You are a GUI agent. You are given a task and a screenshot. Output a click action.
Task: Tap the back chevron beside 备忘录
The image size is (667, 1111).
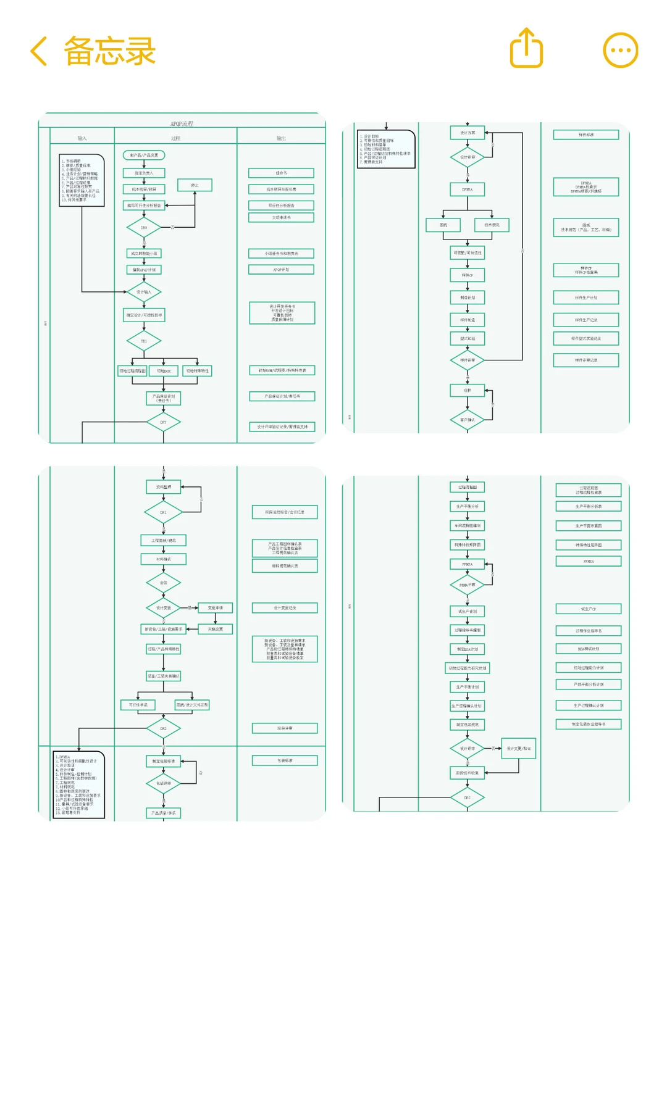pyautogui.click(x=39, y=51)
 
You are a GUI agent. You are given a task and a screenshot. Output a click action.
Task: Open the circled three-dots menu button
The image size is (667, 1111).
pyautogui.click(x=620, y=50)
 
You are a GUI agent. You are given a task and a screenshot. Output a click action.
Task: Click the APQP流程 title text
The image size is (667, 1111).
pyautogui.click(x=182, y=124)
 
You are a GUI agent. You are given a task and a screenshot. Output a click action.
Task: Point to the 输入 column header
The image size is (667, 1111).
pyautogui.click(x=82, y=138)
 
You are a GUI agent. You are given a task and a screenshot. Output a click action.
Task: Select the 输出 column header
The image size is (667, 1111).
pyautogui.click(x=281, y=138)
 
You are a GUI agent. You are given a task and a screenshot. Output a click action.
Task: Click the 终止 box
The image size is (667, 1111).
pyautogui.click(x=195, y=185)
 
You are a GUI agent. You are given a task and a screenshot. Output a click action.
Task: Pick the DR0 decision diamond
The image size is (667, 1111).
pyautogui.click(x=144, y=228)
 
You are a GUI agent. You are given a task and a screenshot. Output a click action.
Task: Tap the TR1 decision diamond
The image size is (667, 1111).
pyautogui.click(x=144, y=341)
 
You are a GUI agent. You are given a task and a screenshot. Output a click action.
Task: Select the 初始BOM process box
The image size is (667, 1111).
pyautogui.click(x=164, y=371)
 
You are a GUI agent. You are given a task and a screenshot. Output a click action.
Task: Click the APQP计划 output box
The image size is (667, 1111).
pyautogui.click(x=281, y=270)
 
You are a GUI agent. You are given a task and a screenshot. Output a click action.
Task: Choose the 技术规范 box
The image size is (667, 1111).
pyautogui.click(x=492, y=225)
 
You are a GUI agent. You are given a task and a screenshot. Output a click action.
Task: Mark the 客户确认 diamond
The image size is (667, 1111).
pyautogui.click(x=468, y=420)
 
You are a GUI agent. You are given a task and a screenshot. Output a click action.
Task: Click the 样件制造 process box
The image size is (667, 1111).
pyautogui.click(x=468, y=320)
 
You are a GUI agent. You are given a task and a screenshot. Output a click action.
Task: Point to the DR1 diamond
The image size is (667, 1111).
pyautogui.click(x=164, y=512)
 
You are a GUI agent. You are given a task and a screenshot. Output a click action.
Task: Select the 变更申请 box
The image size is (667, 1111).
pyautogui.click(x=215, y=608)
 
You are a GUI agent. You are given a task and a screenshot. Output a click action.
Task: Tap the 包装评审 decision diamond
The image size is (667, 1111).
pyautogui.click(x=164, y=783)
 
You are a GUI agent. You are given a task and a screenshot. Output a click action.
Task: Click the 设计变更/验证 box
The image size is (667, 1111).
pyautogui.click(x=518, y=748)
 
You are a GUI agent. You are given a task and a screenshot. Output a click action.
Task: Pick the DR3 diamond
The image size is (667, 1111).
pyautogui.click(x=468, y=797)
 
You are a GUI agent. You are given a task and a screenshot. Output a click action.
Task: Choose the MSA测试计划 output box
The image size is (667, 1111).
pyautogui.click(x=589, y=649)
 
